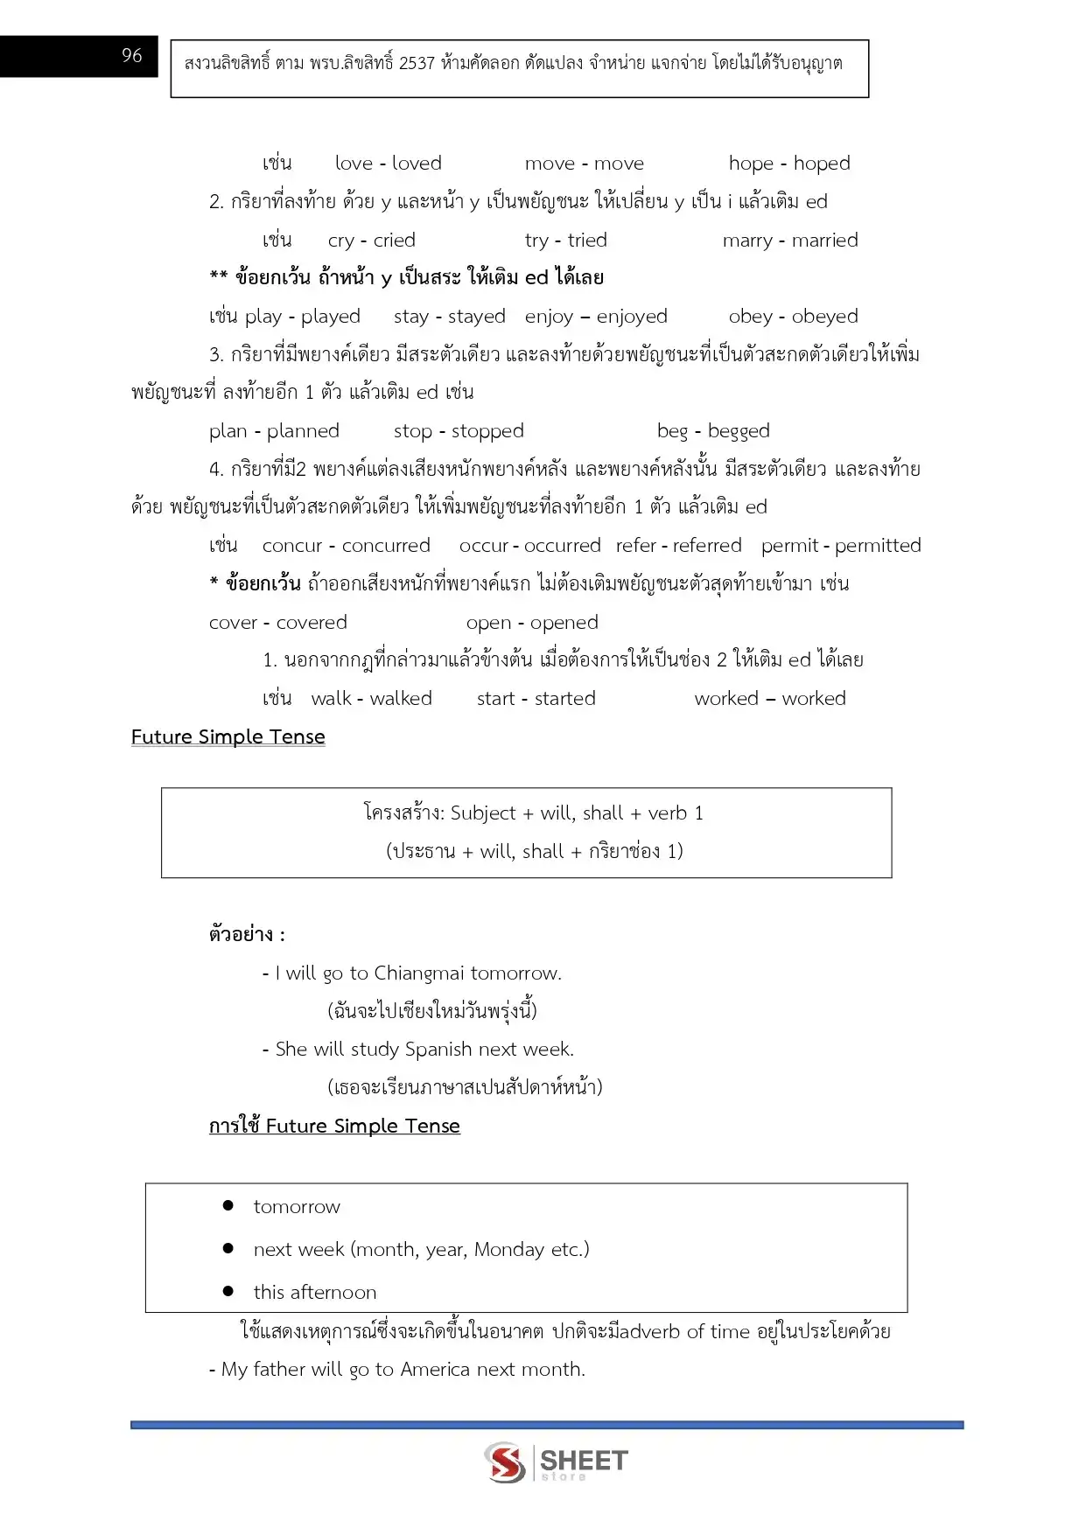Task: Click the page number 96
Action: point(131,56)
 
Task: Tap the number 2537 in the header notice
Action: point(416,63)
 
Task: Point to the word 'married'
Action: point(824,241)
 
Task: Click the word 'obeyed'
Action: point(824,317)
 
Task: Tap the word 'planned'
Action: point(303,431)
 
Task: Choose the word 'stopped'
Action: point(487,431)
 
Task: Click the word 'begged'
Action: point(739,431)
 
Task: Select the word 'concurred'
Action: point(386,546)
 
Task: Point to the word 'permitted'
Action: point(878,546)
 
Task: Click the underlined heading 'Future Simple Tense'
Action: point(228,737)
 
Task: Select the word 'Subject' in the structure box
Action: point(483,813)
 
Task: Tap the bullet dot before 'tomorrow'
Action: point(228,1205)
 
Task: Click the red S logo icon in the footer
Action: point(506,1462)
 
